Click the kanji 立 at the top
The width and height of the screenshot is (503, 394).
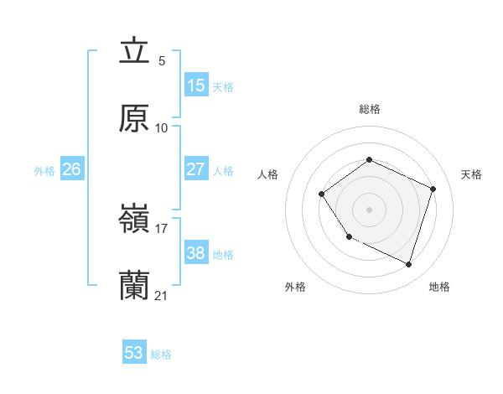[134, 51]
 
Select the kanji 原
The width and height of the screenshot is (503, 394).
[134, 118]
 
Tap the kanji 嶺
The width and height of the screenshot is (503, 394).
[134, 219]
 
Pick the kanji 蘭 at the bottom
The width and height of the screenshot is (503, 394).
[134, 286]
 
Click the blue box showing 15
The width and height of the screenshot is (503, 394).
[196, 86]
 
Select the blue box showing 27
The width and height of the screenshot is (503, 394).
[196, 169]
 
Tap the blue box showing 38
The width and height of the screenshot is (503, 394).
[196, 253]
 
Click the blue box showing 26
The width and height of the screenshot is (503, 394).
[71, 169]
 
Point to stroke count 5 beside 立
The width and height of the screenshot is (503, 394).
[162, 61]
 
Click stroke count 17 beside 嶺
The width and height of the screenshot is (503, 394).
[162, 228]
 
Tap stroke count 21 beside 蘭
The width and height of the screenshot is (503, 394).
[162, 295]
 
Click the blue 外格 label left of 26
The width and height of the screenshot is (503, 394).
[44, 171]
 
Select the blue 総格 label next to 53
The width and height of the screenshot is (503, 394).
[161, 355]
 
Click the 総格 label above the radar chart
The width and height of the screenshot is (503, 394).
[369, 109]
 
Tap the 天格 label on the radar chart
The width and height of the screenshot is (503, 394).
[471, 174]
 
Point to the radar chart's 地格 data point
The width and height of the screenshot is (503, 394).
[409, 265]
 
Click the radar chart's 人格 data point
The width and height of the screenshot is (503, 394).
[322, 194]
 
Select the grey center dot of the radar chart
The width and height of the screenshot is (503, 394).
[369, 209]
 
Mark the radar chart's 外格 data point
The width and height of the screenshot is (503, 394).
[349, 236]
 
